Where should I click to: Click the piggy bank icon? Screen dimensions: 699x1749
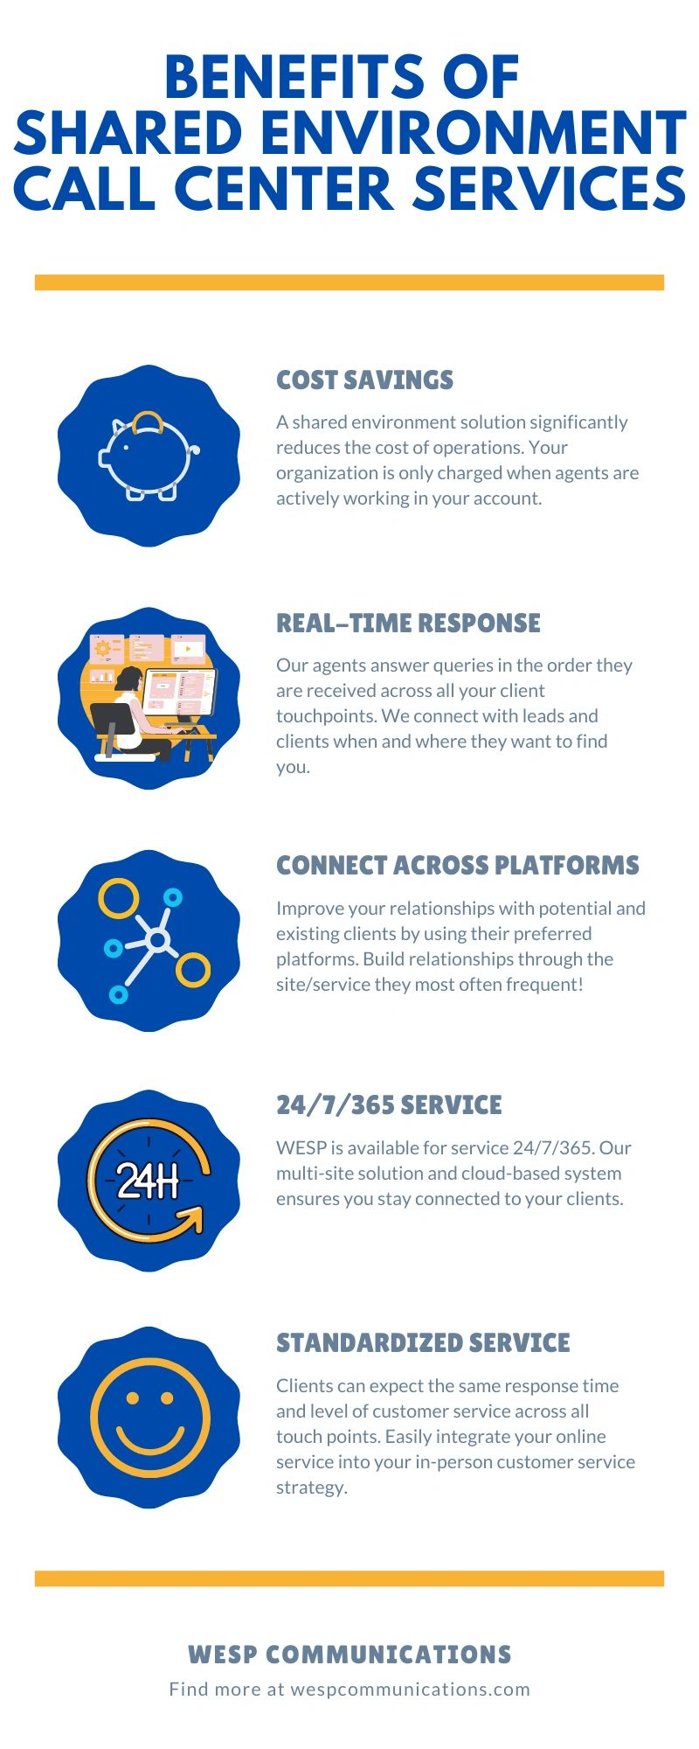[x=149, y=456]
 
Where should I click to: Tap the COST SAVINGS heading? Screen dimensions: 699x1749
[x=364, y=380]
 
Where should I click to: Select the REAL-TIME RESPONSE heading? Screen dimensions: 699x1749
[x=408, y=623]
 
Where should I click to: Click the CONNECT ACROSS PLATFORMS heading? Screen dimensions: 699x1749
[x=458, y=865]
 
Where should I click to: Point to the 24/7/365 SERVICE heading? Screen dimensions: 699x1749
[x=389, y=1104]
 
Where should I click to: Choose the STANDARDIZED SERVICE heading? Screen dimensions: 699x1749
[x=423, y=1342]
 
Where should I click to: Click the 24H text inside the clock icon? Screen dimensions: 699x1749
[x=148, y=1181]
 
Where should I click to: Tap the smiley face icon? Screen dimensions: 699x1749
[x=150, y=1418]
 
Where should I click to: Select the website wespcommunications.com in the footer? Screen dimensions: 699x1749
[x=410, y=1689]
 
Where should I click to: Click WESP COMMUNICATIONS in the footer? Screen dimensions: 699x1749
[x=349, y=1655]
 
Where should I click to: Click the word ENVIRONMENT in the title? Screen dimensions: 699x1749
[x=473, y=133]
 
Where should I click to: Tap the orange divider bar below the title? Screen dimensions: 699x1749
[x=349, y=282]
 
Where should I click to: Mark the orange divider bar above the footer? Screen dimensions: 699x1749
[x=349, y=1578]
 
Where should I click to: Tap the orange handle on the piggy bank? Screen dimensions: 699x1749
[x=147, y=420]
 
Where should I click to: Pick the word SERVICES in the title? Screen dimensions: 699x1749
[x=549, y=189]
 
